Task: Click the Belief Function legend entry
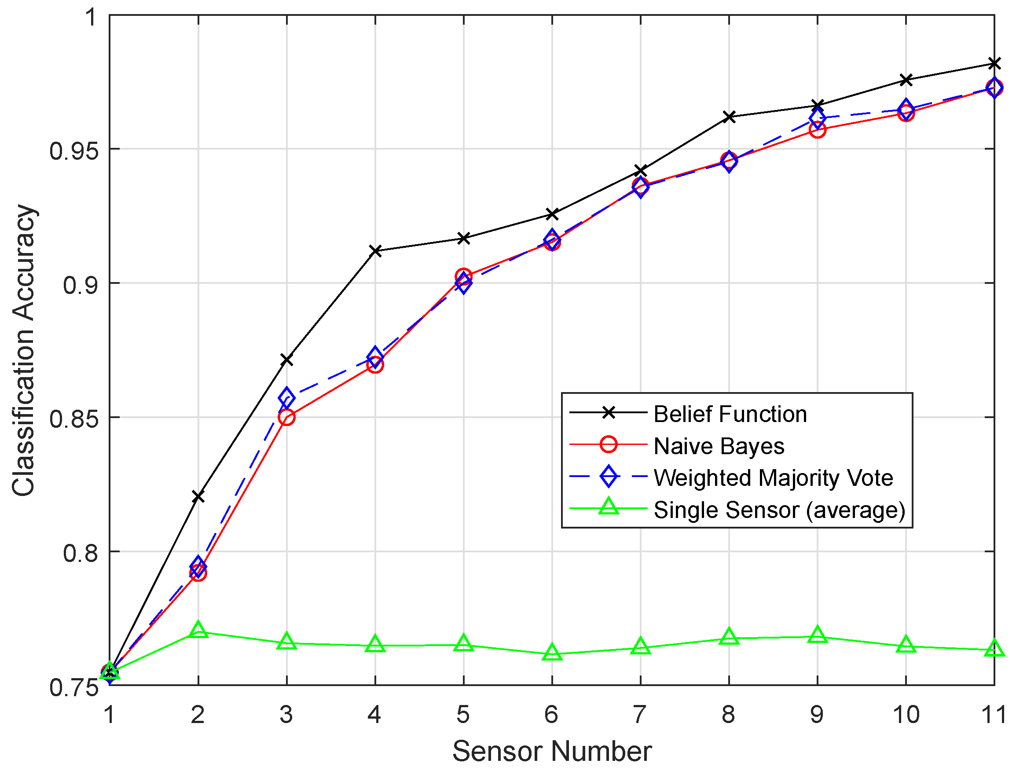[730, 415]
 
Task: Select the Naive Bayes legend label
[719, 446]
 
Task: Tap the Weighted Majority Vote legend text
[773, 478]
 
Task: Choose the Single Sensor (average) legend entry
[779, 510]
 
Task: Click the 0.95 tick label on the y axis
[74, 150]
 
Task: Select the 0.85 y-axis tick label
[74, 419]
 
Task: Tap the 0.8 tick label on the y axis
[81, 553]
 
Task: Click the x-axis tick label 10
[906, 715]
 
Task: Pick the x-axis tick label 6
[551, 715]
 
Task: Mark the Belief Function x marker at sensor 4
[375, 251]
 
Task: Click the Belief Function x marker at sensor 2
[198, 497]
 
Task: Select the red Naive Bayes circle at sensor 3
[286, 417]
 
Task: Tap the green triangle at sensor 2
[198, 630]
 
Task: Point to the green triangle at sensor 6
[552, 653]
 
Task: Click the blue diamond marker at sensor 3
[286, 397]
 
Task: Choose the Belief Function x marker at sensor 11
[994, 63]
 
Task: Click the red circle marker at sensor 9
[818, 130]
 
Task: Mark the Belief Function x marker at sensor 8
[729, 117]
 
